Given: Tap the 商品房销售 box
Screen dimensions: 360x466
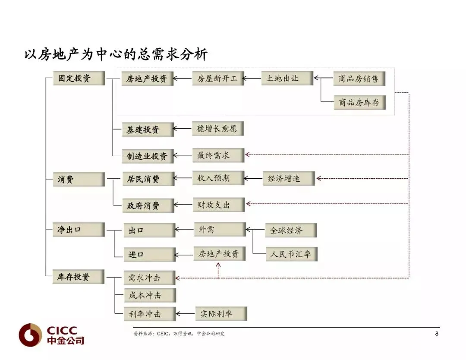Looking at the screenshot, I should click(359, 79).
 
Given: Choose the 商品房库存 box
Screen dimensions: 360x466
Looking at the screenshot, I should click(359, 102).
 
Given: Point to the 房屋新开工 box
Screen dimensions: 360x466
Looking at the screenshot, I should click(217, 79).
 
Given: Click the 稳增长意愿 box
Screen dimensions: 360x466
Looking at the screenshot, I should click(217, 129).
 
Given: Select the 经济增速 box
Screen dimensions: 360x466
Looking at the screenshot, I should click(288, 178).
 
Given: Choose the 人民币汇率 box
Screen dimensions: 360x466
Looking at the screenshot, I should click(291, 254).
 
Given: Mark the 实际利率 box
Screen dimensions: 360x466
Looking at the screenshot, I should click(220, 314).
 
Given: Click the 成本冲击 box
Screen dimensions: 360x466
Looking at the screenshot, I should click(149, 296).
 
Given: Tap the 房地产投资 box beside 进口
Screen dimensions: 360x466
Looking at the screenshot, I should click(219, 254).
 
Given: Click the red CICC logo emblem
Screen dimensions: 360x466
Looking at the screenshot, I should click(30, 335).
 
